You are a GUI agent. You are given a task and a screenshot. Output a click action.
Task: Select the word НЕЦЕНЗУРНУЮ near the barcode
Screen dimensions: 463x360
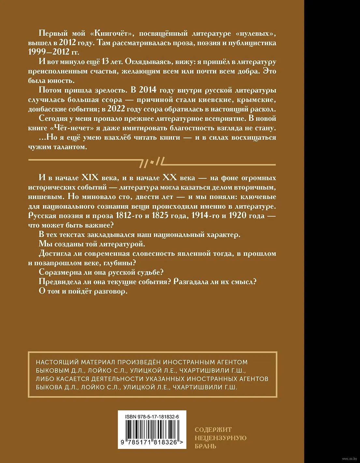pyautogui.click(x=221, y=438)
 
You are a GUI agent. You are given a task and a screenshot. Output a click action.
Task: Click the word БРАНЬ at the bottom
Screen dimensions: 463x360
pyautogui.click(x=205, y=446)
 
